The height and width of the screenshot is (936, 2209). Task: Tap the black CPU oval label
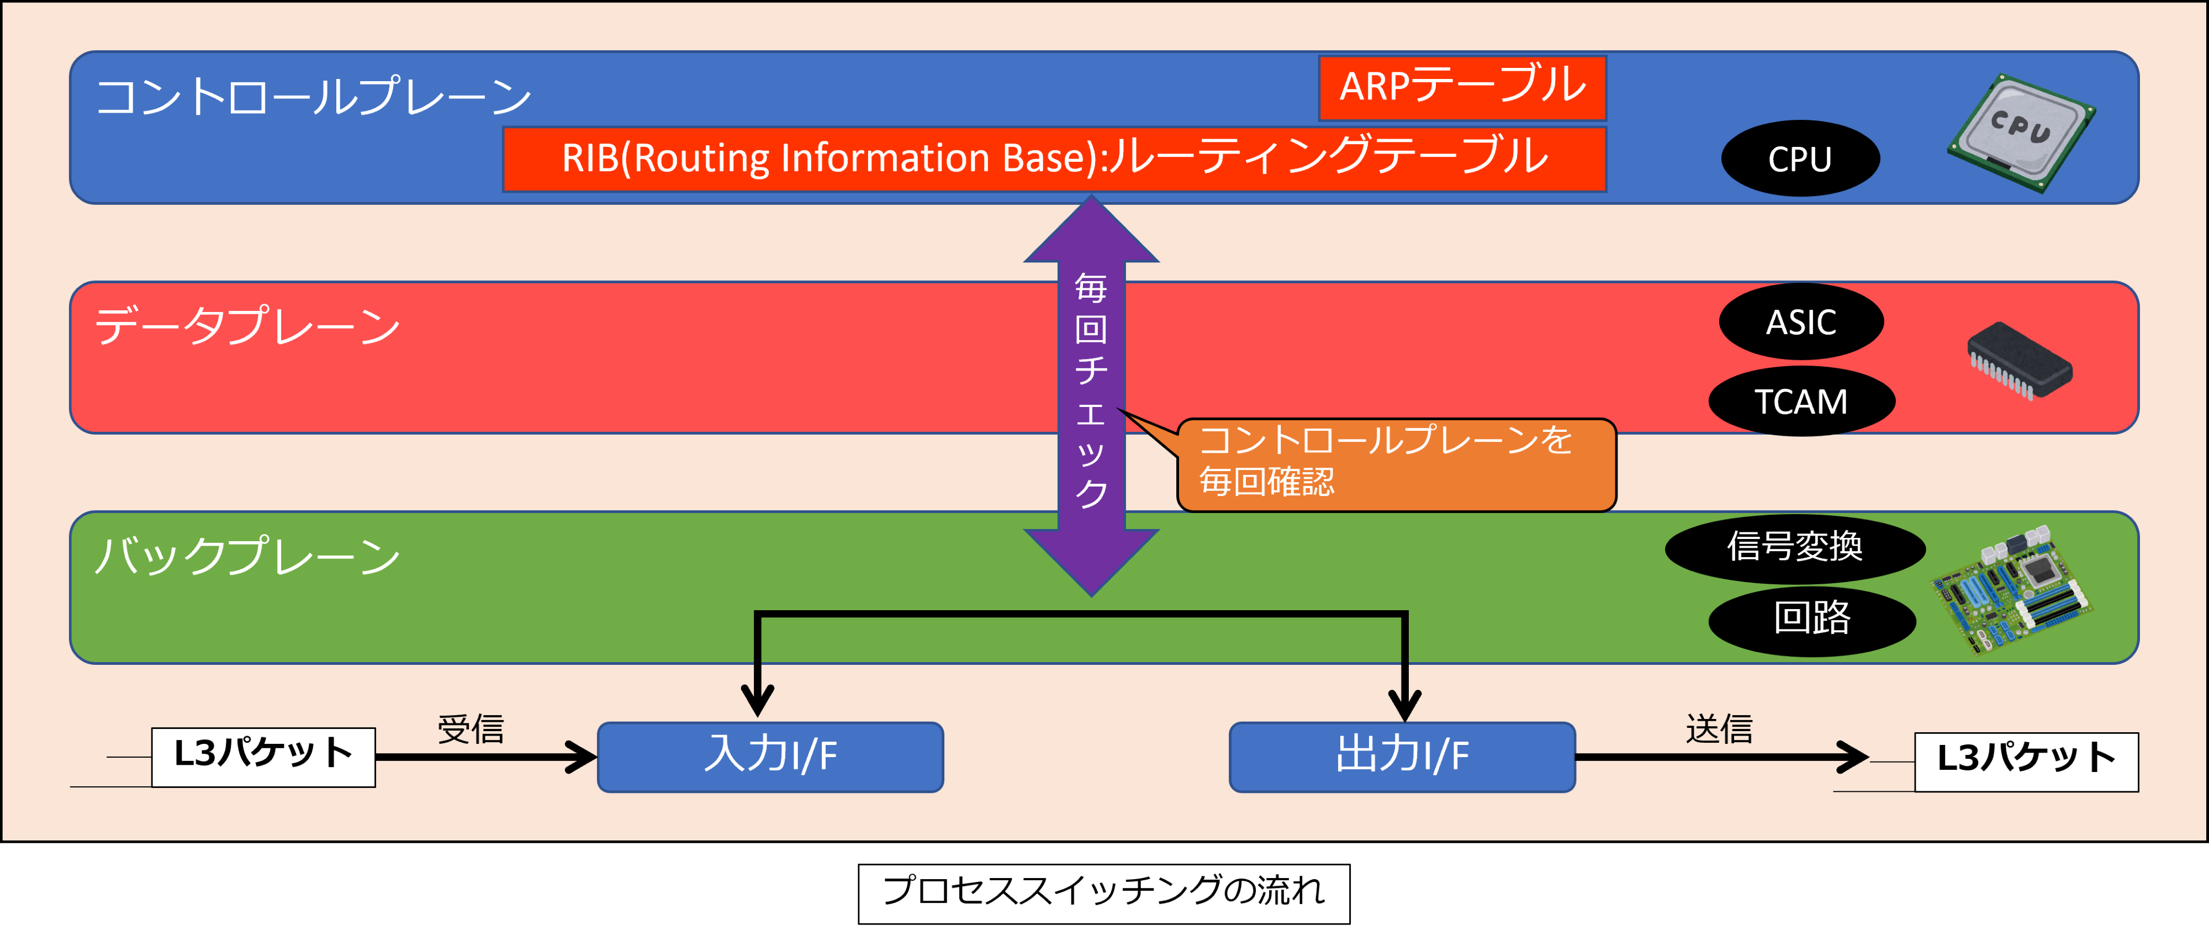point(1800,158)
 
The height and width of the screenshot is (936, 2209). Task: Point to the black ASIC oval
point(1801,321)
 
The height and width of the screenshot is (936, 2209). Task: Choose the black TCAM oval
point(1801,401)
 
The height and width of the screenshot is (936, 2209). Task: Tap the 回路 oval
point(1812,621)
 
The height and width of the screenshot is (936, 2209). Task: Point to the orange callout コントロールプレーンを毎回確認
point(1396,464)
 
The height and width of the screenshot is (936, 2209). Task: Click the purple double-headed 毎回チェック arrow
point(1091,395)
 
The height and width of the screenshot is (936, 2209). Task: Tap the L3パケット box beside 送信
point(2026,761)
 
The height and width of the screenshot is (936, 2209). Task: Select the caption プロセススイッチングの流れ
point(1103,893)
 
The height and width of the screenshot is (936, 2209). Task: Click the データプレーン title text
point(247,326)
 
